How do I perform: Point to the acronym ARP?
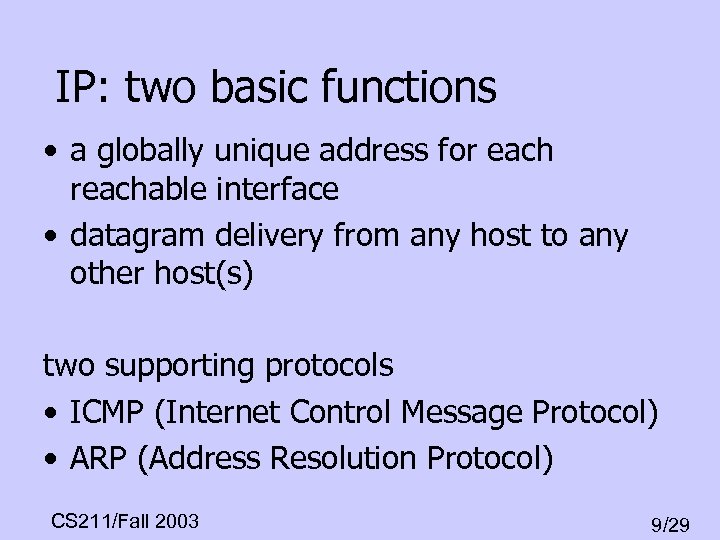pyautogui.click(x=98, y=458)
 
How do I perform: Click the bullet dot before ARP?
pyautogui.click(x=51, y=460)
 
